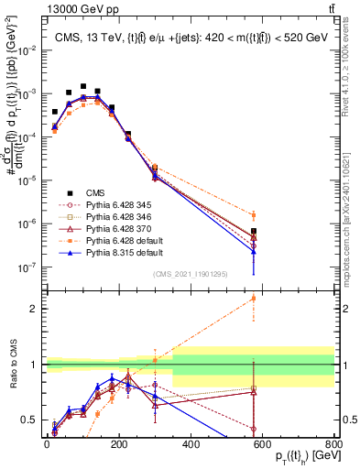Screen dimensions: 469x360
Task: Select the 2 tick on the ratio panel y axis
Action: [x=35, y=309]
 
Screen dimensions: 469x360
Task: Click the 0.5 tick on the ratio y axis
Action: [x=31, y=420]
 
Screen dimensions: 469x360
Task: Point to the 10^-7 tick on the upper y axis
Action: [x=27, y=267]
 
